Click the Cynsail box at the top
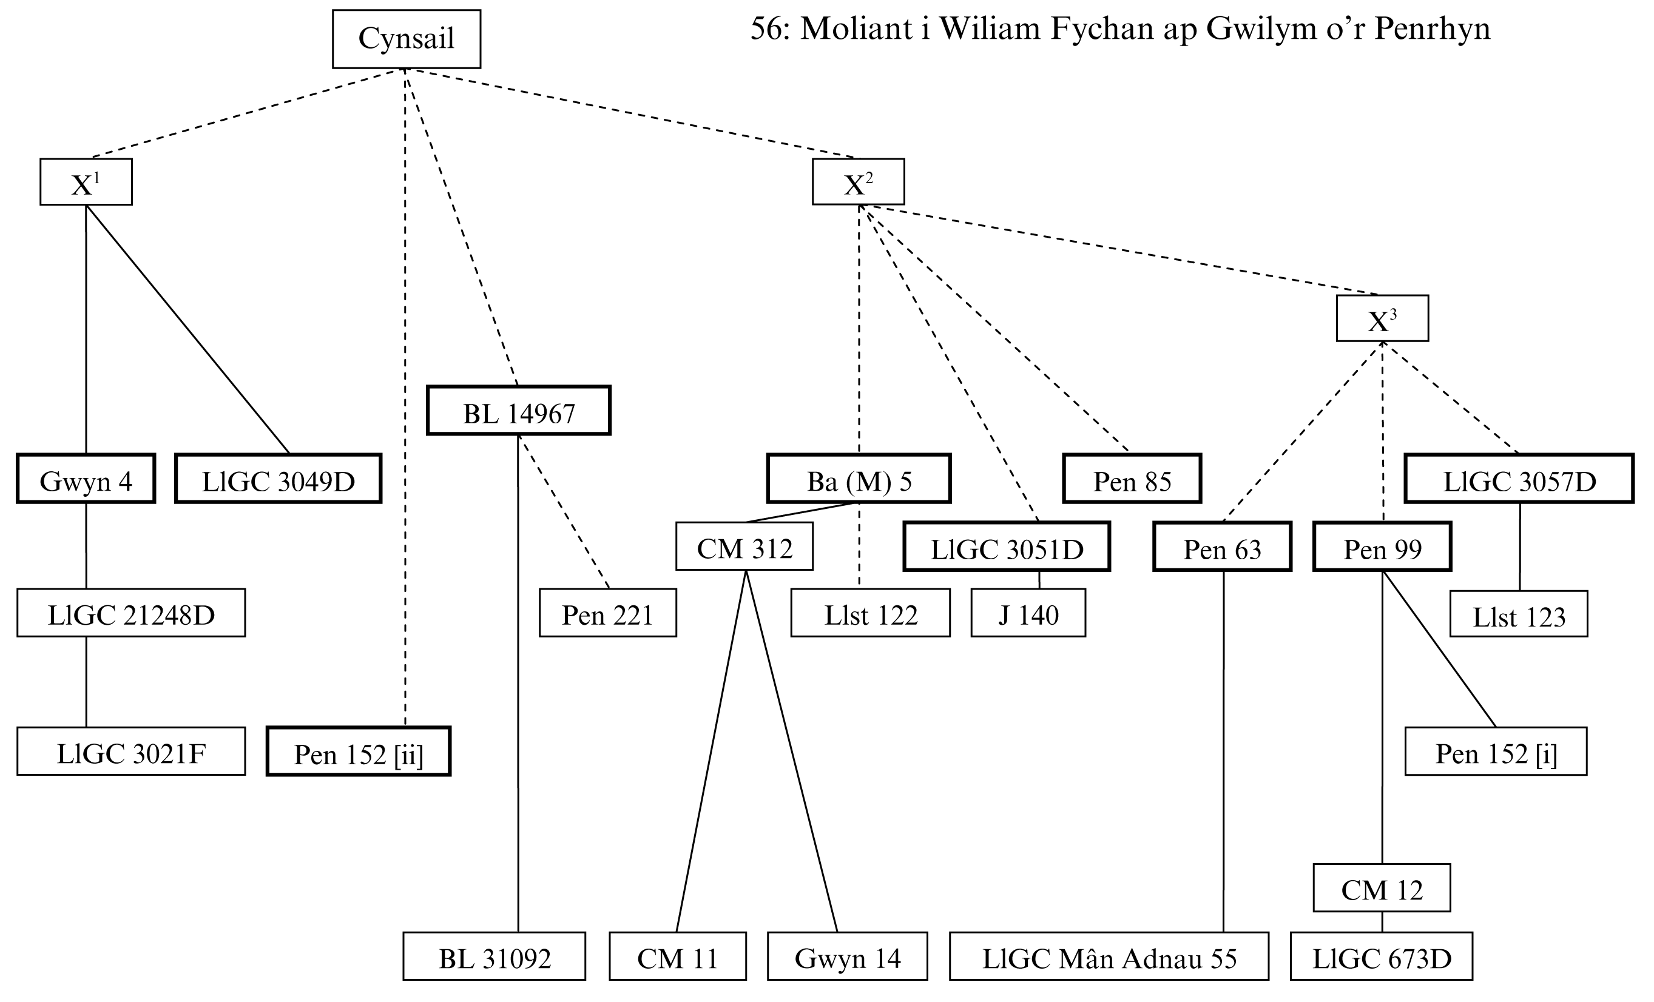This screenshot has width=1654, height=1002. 406,39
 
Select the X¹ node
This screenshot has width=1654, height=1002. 86,182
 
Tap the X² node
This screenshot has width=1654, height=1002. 858,182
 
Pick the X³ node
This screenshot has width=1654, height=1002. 1382,319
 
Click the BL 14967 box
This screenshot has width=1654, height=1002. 518,411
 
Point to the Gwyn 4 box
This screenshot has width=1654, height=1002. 86,479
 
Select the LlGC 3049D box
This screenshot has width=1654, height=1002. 278,479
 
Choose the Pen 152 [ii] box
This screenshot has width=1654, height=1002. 359,751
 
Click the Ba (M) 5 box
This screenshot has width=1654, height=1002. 859,479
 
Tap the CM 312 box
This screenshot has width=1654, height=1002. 744,546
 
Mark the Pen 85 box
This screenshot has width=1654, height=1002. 1132,479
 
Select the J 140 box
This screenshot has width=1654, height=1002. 1028,613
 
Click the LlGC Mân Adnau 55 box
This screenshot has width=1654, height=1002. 1109,957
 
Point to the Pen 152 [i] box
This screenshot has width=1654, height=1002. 1496,751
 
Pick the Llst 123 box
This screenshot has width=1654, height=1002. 1519,614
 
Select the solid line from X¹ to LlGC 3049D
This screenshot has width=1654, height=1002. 188,329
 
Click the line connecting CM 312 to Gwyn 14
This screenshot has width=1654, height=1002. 792,751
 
